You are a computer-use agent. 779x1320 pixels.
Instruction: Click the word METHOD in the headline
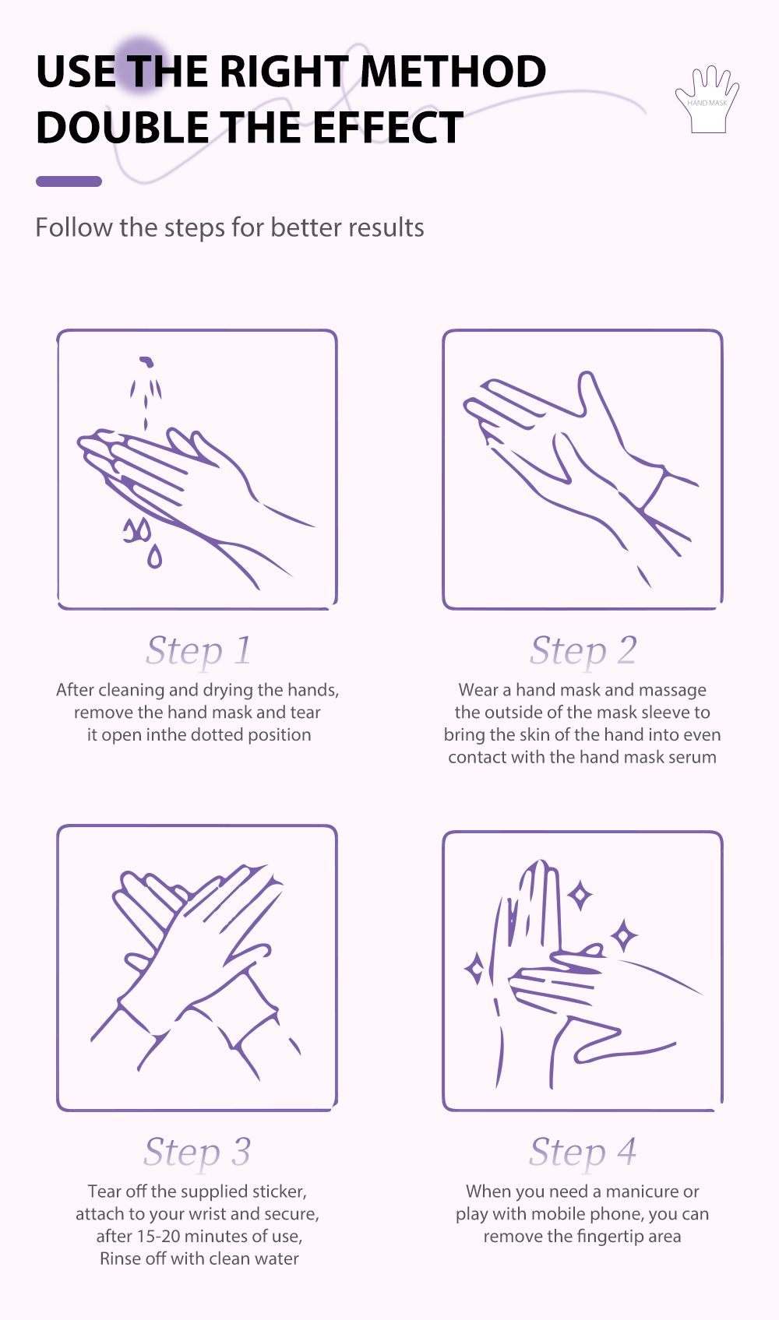click(x=453, y=72)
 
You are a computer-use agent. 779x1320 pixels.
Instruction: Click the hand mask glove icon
click(x=707, y=99)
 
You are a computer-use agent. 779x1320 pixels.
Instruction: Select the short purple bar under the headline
click(x=69, y=181)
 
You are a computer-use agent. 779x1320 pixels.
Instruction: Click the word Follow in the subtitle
click(x=74, y=227)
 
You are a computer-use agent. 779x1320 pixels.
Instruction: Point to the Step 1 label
click(x=199, y=650)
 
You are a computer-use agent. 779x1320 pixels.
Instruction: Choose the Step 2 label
click(x=583, y=650)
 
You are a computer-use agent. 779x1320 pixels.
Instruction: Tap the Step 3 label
click(x=197, y=1152)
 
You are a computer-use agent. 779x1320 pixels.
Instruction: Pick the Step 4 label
click(x=583, y=1152)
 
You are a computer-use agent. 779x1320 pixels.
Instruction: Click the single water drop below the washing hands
click(x=154, y=556)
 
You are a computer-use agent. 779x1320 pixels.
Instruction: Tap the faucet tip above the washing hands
click(x=146, y=361)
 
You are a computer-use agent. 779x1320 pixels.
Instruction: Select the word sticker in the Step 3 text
click(x=280, y=1191)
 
